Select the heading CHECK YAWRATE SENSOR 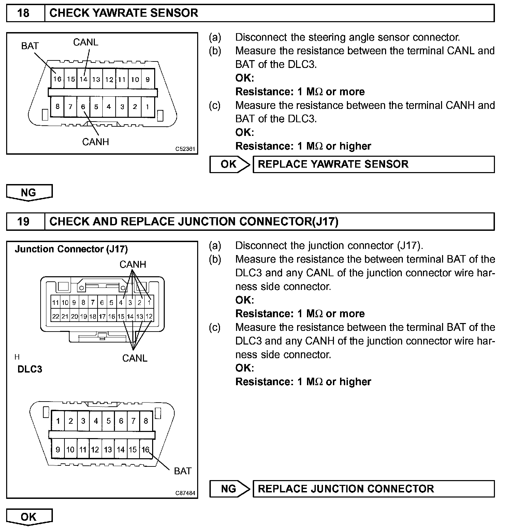click(123, 13)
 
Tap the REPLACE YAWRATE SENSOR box click(373, 164)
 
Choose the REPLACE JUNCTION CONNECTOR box click(373, 489)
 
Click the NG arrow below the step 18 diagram click(29, 193)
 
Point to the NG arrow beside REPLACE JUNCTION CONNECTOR click(229, 489)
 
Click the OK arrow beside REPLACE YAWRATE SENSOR click(229, 164)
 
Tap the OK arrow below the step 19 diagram click(29, 517)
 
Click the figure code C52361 click(185, 149)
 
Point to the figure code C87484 click(185, 493)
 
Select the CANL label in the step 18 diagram click(86, 42)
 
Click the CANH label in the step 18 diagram click(96, 141)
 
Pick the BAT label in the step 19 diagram click(182, 471)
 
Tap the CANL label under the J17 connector click(135, 358)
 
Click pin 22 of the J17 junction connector click(55, 317)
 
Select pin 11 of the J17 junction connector click(55, 302)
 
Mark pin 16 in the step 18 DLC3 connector click(57, 79)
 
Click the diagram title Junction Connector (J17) click(71, 249)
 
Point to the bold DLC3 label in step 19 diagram click(30, 369)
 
